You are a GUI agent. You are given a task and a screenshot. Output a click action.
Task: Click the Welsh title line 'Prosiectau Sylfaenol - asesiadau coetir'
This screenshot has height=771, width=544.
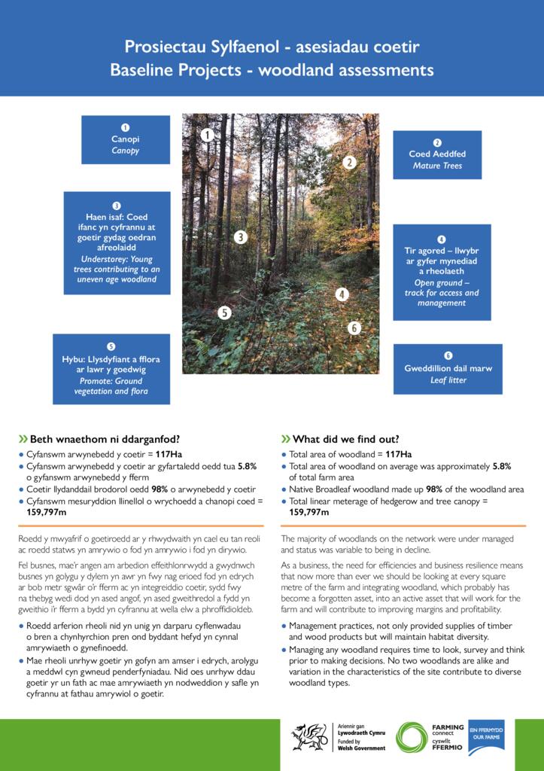click(x=272, y=47)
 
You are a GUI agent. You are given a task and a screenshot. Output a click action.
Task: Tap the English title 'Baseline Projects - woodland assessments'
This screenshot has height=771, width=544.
click(x=272, y=71)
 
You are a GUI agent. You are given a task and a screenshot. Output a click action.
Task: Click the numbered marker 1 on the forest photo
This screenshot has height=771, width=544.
click(x=208, y=135)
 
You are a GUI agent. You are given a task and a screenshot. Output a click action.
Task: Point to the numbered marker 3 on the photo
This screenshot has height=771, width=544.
click(x=240, y=237)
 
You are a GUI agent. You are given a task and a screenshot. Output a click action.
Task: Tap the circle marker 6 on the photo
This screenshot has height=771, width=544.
click(x=354, y=328)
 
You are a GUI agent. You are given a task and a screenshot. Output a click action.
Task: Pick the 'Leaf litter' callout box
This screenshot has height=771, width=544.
click(x=448, y=368)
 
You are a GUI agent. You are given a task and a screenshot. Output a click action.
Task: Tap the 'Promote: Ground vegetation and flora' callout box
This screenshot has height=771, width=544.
click(x=111, y=369)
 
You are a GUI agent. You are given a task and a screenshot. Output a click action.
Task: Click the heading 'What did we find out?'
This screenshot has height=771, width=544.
click(x=345, y=440)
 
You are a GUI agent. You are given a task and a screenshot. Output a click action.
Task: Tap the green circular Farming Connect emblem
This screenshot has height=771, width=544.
click(x=412, y=737)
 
